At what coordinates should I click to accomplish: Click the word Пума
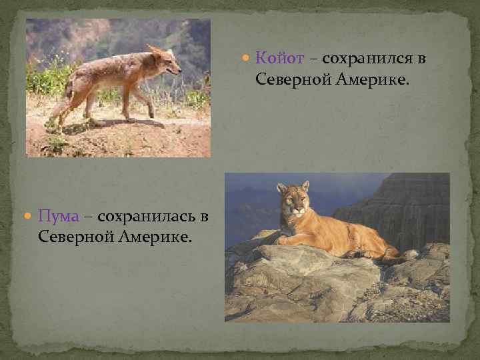pos(60,217)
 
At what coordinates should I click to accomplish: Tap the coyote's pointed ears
pos(155,51)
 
